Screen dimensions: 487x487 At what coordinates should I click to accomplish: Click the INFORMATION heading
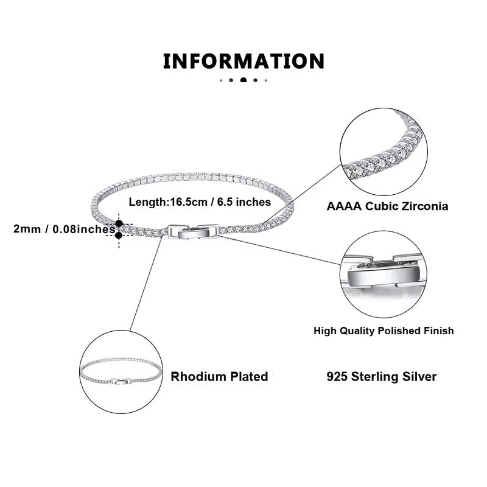pyautogui.click(x=243, y=61)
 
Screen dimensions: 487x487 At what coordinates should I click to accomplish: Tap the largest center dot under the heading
pyautogui.click(x=243, y=80)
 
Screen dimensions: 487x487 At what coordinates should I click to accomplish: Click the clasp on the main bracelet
pyautogui.click(x=192, y=232)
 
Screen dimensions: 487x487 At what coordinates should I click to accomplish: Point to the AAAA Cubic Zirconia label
pyautogui.click(x=387, y=206)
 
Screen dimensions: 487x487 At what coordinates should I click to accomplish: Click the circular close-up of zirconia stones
pyautogui.click(x=384, y=155)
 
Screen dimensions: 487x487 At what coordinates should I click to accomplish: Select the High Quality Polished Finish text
pyautogui.click(x=384, y=331)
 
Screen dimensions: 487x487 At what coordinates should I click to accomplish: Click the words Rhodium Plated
pyautogui.click(x=219, y=376)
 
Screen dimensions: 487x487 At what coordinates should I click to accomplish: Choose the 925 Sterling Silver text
pyautogui.click(x=382, y=376)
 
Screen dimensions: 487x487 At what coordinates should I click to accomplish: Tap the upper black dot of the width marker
pyautogui.click(x=119, y=224)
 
